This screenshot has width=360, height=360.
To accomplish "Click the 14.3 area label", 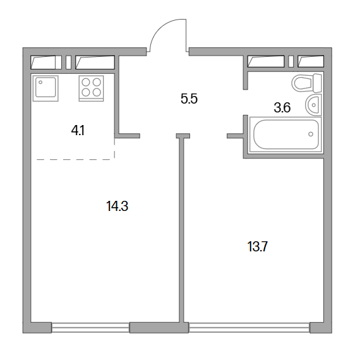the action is click(x=117, y=206).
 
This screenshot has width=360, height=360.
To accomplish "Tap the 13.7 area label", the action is click(x=258, y=247).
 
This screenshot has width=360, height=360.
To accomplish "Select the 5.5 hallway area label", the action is click(x=189, y=99).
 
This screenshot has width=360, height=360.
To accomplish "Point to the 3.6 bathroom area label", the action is click(x=282, y=107).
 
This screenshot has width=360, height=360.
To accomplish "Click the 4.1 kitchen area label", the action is click(x=78, y=131).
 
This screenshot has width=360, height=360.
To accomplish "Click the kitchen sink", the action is click(x=45, y=88).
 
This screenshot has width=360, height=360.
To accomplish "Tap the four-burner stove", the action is click(x=91, y=88).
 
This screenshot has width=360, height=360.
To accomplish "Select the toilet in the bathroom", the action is click(x=307, y=83).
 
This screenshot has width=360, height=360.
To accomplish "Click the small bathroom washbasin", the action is click(x=313, y=105).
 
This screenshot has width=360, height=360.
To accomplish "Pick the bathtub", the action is click(x=285, y=135).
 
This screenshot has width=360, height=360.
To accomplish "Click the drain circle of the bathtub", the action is click(x=311, y=134).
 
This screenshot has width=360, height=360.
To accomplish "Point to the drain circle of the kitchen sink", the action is click(x=40, y=82).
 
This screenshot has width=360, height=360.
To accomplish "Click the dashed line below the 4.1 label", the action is click(x=76, y=159).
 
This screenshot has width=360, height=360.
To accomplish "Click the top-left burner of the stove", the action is click(x=86, y=82).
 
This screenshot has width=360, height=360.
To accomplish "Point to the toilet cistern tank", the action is click(x=318, y=83).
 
